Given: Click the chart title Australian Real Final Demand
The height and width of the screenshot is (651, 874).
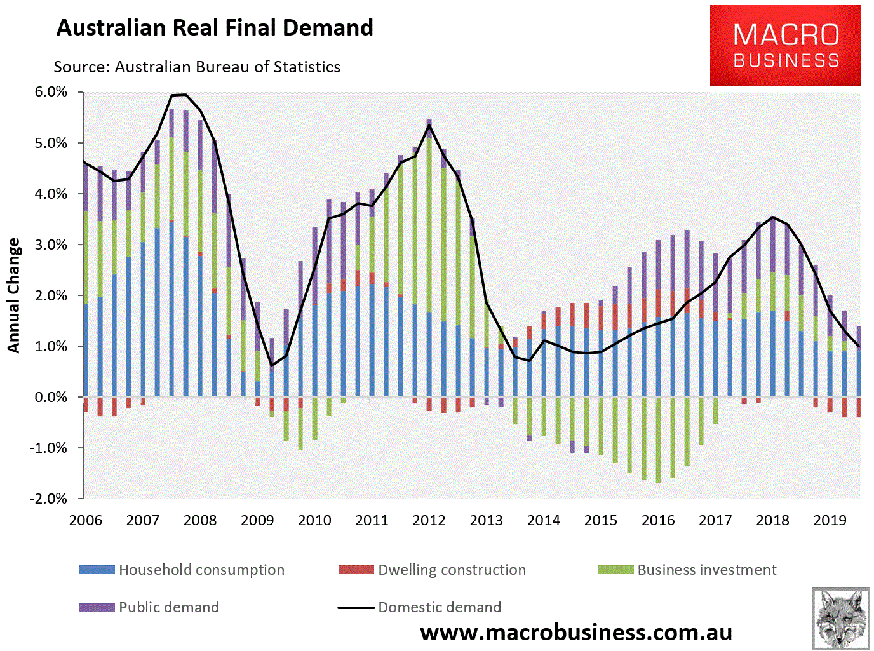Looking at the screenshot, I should click(x=215, y=28).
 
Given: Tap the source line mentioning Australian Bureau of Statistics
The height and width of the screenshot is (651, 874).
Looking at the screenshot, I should click(x=197, y=67).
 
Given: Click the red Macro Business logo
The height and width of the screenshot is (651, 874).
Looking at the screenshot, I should click(x=785, y=46).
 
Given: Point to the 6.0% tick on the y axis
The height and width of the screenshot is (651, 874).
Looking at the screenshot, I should click(x=51, y=92).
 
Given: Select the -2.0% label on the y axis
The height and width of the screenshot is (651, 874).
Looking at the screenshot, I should click(x=48, y=499).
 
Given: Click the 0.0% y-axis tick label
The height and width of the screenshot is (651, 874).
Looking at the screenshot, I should click(x=51, y=397).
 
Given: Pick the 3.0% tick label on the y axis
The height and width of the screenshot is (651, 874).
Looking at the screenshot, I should click(x=51, y=245).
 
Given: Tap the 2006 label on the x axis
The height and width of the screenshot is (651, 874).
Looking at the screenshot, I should click(x=86, y=520).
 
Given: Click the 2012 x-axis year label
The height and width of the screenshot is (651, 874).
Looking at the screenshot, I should click(x=429, y=520).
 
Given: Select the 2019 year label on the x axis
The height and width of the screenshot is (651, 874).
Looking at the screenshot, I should click(x=830, y=520).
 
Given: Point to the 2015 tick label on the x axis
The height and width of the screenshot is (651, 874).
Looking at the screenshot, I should click(x=601, y=520).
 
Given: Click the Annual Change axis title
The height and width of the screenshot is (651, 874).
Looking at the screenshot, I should click(x=14, y=295).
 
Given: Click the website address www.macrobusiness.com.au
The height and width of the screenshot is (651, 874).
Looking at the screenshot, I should click(x=576, y=633).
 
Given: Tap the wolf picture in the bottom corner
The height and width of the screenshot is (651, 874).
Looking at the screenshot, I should click(x=840, y=619).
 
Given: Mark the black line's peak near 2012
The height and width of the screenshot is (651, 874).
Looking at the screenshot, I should click(x=429, y=124).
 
